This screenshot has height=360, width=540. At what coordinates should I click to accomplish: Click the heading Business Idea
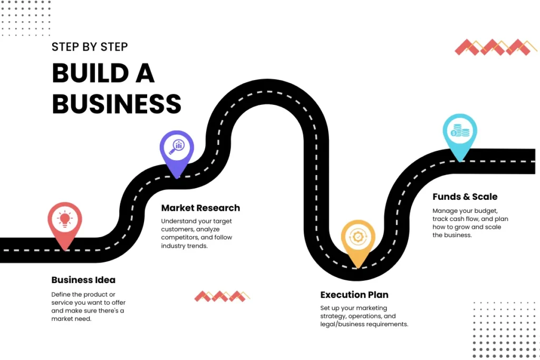(x=83, y=280)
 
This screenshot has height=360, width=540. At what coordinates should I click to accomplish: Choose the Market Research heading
(x=200, y=208)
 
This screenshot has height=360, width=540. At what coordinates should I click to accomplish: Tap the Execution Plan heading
(x=354, y=295)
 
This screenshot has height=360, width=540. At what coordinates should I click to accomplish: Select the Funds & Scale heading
(x=465, y=197)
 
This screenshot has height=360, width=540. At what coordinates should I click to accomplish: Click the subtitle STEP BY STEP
(x=90, y=47)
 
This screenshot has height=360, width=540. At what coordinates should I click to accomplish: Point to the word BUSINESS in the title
(x=117, y=103)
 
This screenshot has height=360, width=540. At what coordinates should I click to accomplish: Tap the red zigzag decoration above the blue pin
(x=492, y=47)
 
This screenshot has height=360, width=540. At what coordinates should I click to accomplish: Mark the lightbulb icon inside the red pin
(x=65, y=218)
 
